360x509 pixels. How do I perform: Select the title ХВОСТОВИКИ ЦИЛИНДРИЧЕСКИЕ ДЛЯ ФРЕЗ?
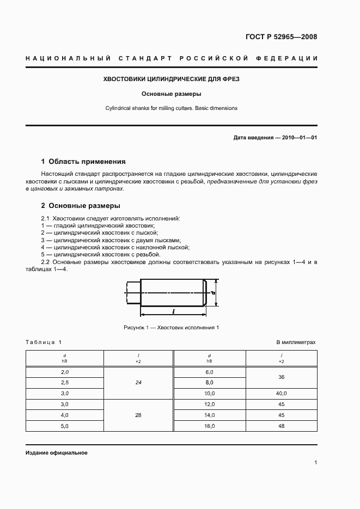coord(172,79)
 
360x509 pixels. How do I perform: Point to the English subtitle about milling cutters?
coord(172,108)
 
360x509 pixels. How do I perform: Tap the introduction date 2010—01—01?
coord(299,138)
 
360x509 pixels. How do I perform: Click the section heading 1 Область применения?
coord(83,162)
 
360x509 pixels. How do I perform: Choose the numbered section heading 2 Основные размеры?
coord(81,206)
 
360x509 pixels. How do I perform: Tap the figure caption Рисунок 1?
coord(172,327)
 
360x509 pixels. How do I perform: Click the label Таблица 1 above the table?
coord(44,342)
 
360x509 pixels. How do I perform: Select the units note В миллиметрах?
coord(296,342)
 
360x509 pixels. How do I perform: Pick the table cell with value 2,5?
coord(65,383)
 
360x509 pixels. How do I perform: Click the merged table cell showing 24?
coord(138,383)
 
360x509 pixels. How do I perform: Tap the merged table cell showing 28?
coord(138,415)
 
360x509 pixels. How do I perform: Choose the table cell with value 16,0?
coord(210,426)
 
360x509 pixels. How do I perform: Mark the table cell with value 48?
coord(281,426)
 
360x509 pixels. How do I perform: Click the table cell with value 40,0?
coord(281,393)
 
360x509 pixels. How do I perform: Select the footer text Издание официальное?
coord(57,453)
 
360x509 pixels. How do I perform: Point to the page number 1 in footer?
coord(315,462)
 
